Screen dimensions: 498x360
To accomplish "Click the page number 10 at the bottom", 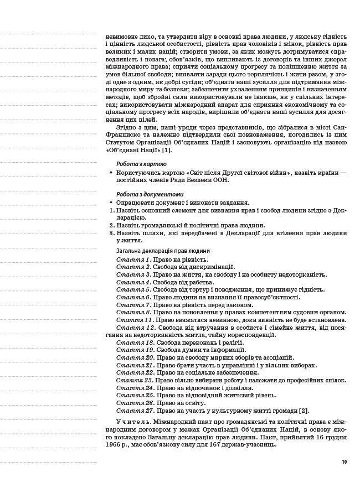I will (344, 462).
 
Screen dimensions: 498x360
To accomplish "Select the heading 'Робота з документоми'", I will (150, 194).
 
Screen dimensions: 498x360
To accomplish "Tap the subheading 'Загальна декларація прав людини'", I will (163, 251).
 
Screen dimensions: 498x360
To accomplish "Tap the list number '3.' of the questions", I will (111, 233).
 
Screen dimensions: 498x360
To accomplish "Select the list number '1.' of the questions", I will (111, 210).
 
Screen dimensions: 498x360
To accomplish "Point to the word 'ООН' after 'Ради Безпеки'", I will (220, 180).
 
